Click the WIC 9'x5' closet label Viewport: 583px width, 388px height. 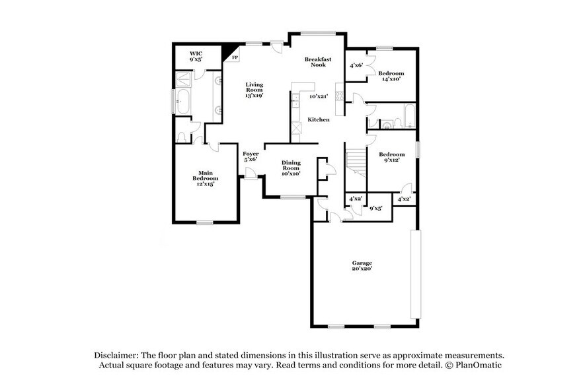point(196,55)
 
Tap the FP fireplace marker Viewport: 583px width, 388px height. point(235,57)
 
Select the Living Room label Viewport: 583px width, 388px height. point(254,90)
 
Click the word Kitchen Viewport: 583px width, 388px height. point(319,119)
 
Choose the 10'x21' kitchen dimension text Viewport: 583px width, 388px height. point(319,96)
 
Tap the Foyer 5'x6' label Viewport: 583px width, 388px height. point(250,156)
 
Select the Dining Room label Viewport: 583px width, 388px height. point(291,168)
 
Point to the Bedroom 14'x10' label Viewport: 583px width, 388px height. point(391,75)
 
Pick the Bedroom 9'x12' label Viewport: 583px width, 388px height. point(391,157)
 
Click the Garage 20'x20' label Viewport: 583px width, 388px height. point(362,266)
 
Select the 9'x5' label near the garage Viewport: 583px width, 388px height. point(376,209)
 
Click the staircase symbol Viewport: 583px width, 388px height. point(356,158)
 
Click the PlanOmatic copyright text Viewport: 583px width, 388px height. point(474,364)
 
